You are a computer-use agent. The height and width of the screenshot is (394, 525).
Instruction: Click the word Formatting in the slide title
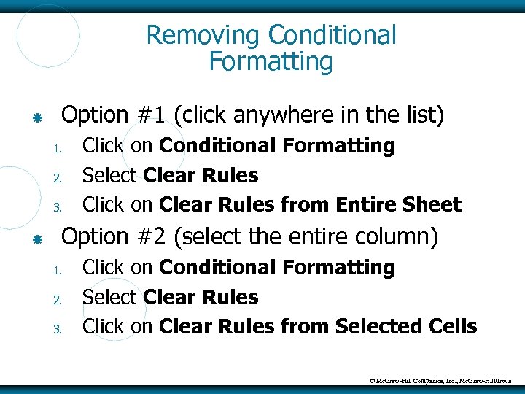[271, 62]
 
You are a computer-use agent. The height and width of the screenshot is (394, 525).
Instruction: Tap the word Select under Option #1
[110, 176]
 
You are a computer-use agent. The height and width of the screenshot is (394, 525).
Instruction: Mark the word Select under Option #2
[110, 298]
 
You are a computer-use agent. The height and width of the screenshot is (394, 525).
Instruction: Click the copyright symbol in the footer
[372, 380]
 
